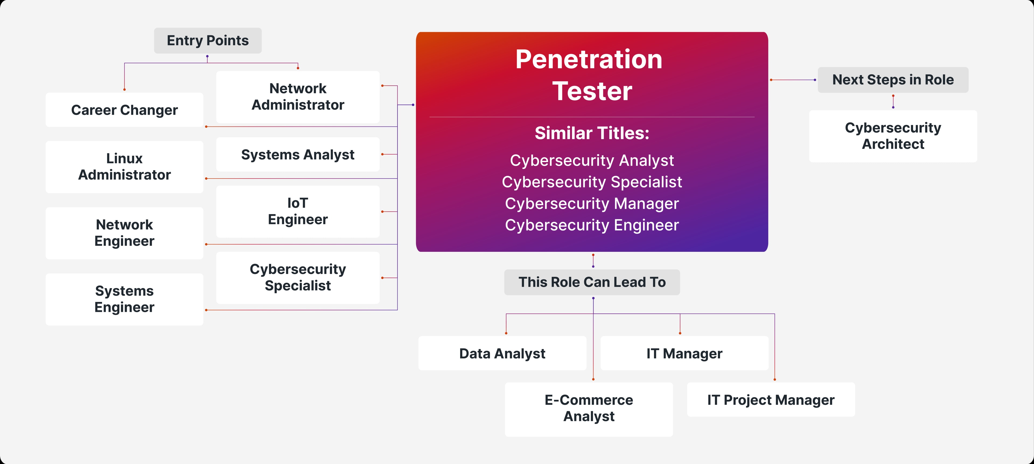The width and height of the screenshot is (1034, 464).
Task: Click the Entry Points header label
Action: tap(208, 41)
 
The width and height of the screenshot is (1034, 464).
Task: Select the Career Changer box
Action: tap(124, 110)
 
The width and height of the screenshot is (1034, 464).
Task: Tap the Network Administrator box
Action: tap(298, 97)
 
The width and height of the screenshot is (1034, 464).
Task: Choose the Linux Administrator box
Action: tap(124, 167)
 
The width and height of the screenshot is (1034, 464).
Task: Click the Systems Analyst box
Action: tap(298, 155)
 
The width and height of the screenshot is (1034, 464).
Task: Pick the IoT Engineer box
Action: tap(298, 211)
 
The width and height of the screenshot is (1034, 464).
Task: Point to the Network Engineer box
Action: tap(124, 233)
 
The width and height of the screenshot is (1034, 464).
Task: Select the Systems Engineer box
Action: tap(124, 299)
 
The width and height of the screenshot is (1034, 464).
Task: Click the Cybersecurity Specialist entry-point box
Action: tap(298, 277)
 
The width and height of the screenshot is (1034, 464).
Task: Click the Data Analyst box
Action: tap(502, 353)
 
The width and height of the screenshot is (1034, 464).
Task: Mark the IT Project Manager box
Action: tap(771, 400)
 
